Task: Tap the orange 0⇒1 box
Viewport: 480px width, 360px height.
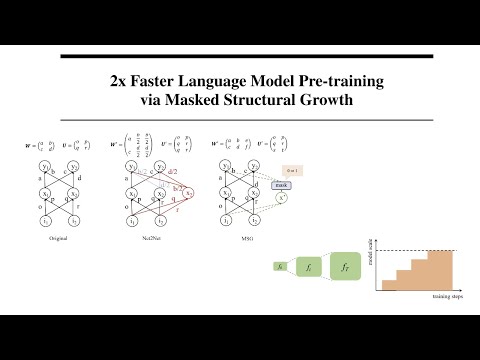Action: pos(293,171)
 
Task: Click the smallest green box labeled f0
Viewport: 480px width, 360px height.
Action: pos(281,266)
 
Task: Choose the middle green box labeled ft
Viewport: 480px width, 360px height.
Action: pos(310,267)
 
